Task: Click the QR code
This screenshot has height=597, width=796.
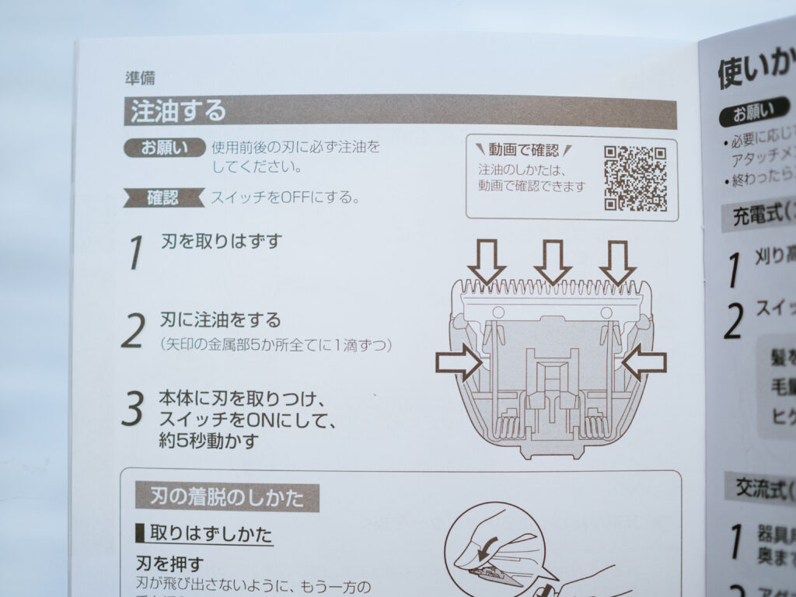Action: click(x=635, y=178)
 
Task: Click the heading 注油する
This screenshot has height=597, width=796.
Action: click(x=178, y=110)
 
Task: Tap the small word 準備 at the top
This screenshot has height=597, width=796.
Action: click(x=140, y=78)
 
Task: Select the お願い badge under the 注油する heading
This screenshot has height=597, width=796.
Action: click(x=164, y=147)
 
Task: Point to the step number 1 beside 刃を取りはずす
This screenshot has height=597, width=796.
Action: click(x=137, y=251)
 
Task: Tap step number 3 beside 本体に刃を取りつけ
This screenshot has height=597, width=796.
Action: click(x=133, y=410)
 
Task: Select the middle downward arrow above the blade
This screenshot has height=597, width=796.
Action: click(x=553, y=262)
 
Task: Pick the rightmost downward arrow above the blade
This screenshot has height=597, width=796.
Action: click(x=617, y=262)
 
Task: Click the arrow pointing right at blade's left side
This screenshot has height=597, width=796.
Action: click(x=459, y=363)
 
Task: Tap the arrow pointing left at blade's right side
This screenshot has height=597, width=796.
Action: click(x=644, y=363)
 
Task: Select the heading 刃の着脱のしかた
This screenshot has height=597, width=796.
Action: click(x=225, y=495)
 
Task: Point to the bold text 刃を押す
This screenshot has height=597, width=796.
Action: click(x=169, y=564)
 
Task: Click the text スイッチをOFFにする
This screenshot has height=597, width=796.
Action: click(x=285, y=197)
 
